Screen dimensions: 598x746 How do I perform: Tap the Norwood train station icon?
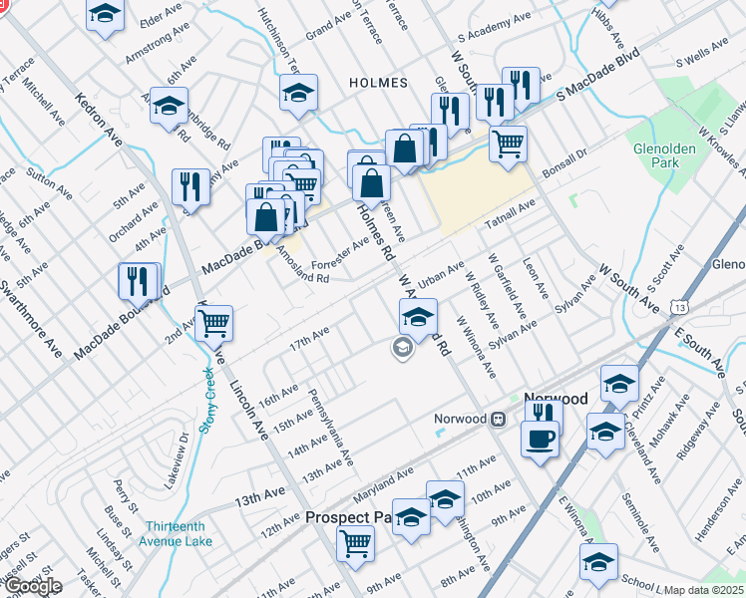pos(498,420)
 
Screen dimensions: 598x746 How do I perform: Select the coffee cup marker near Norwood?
pos(541,438)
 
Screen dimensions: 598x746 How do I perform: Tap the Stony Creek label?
pos(209,400)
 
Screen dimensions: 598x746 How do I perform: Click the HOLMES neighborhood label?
pos(373,83)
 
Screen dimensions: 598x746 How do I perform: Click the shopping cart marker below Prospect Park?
pos(354,543)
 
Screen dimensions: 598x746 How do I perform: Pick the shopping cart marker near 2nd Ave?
pos(213,322)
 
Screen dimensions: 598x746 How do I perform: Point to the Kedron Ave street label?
pos(99,119)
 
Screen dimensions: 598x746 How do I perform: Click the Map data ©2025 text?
pos(703,590)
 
